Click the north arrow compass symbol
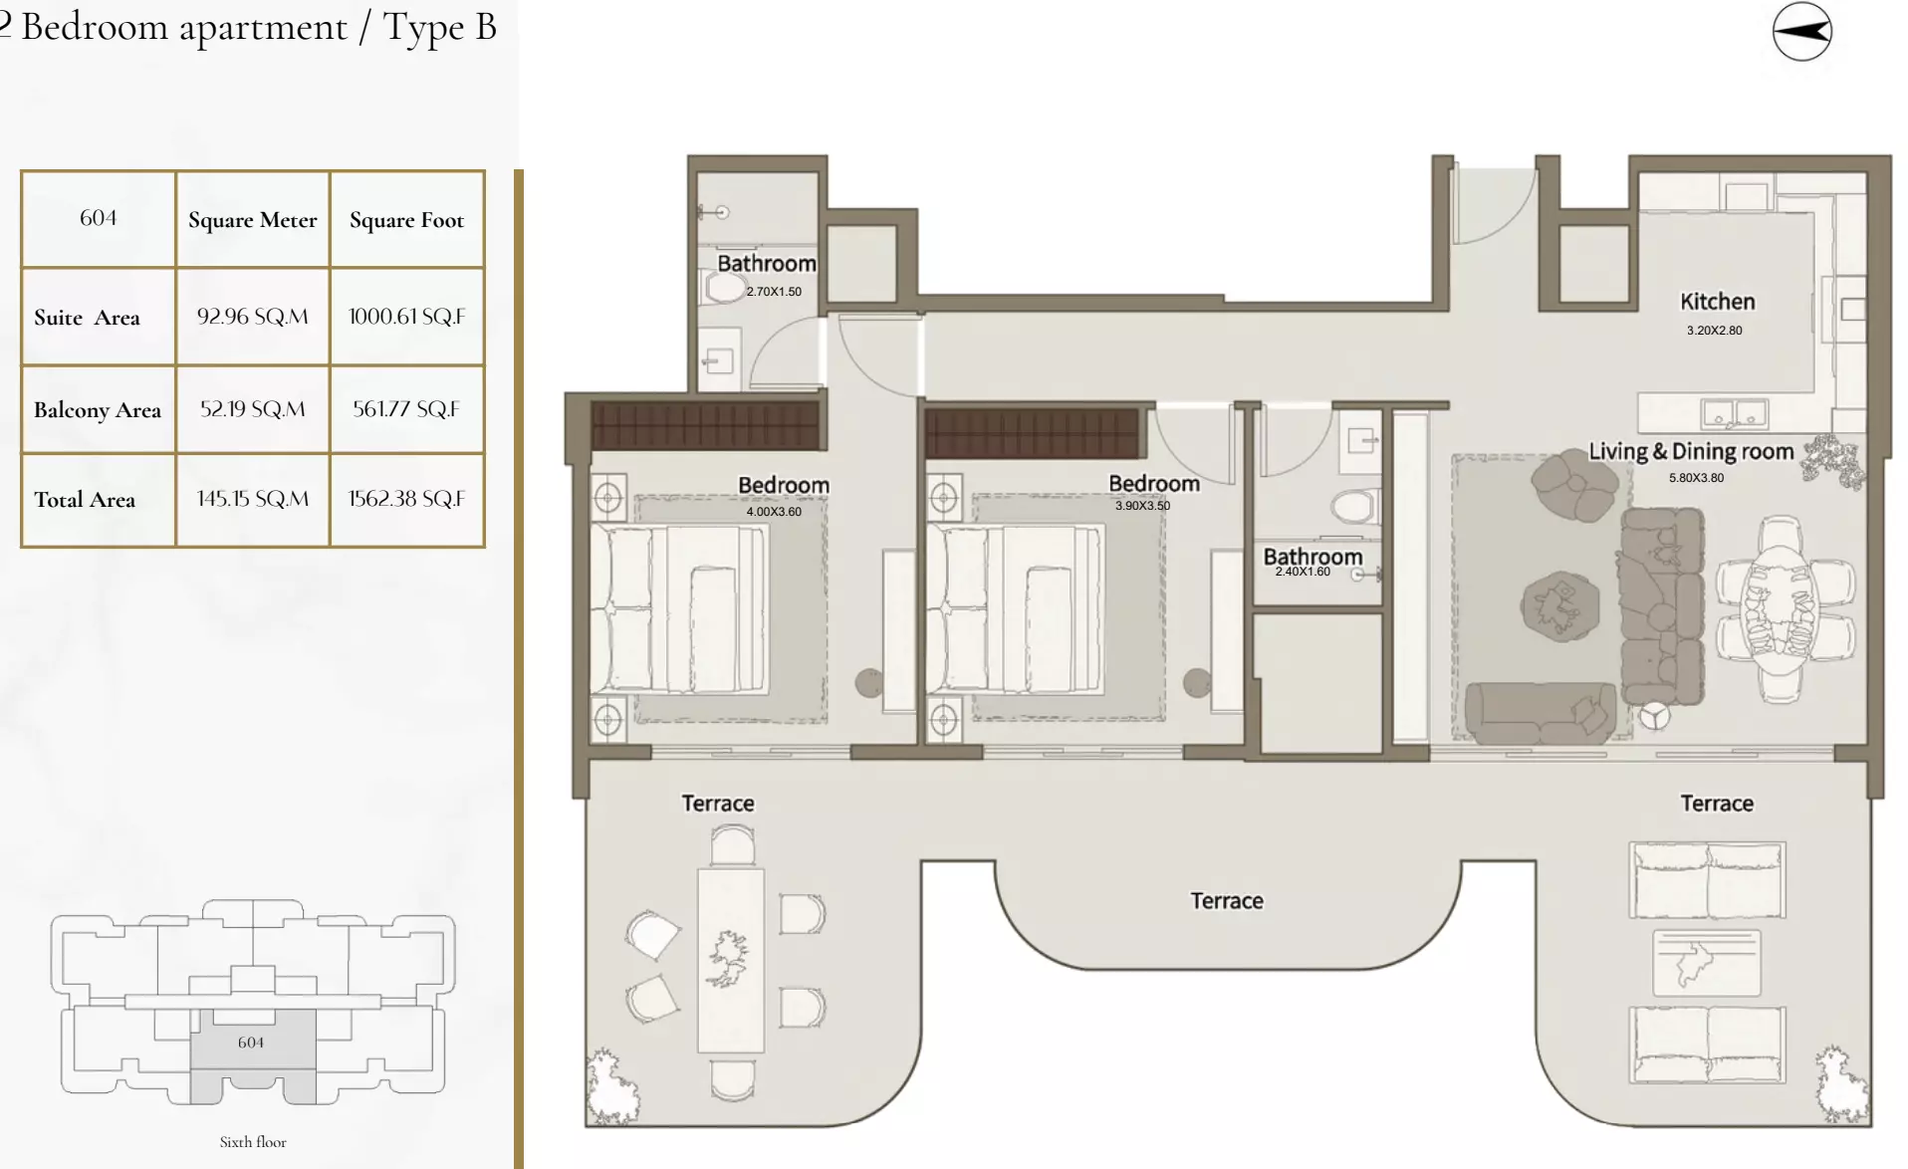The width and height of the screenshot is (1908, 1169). coord(1801,32)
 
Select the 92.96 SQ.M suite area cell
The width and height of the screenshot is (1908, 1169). coord(252,317)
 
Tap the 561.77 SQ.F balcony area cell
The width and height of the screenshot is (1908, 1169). coord(406,409)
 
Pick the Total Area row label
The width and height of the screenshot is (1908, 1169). coord(85,500)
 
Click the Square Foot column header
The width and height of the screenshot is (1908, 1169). coord(406,220)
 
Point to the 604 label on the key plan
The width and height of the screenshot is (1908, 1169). coord(251,1043)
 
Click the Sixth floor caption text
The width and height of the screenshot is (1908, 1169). coord(253,1142)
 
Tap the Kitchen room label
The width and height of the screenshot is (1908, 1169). coord(1717,302)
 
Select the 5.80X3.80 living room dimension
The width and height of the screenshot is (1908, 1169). coord(1696,478)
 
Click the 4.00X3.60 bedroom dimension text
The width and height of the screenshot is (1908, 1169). coord(774,512)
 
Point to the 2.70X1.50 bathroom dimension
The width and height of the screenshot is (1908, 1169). coord(774,292)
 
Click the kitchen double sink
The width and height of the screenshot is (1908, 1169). coord(1734,412)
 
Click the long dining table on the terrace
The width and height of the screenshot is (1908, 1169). coord(731,960)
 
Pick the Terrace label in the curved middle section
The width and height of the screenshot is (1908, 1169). coord(1227,901)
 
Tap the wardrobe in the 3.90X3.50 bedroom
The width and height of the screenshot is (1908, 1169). coord(1031,433)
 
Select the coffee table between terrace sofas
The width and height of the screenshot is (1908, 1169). coord(1707,963)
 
